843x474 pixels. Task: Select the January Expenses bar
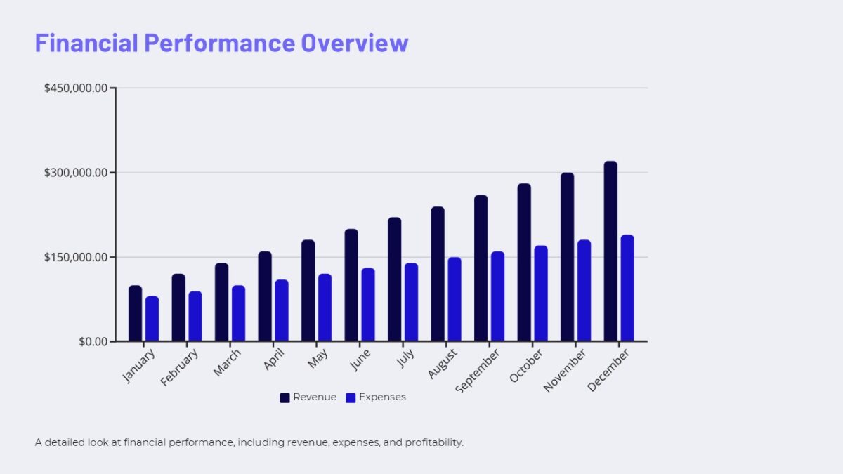click(x=152, y=319)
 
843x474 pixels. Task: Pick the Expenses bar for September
click(x=497, y=296)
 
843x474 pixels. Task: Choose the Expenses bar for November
click(x=584, y=291)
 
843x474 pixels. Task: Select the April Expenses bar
click(x=282, y=310)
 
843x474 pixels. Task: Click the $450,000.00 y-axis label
click(x=76, y=88)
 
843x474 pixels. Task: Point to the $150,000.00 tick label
click(x=76, y=257)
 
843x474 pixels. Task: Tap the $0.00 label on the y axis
click(x=93, y=342)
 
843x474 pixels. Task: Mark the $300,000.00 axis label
click(x=76, y=173)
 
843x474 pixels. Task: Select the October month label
click(x=527, y=365)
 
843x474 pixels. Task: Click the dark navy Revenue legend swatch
click(x=285, y=397)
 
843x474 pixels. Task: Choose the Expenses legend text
click(x=382, y=397)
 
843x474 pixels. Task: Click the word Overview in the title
click(x=354, y=43)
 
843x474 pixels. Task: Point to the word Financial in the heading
click(x=86, y=43)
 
